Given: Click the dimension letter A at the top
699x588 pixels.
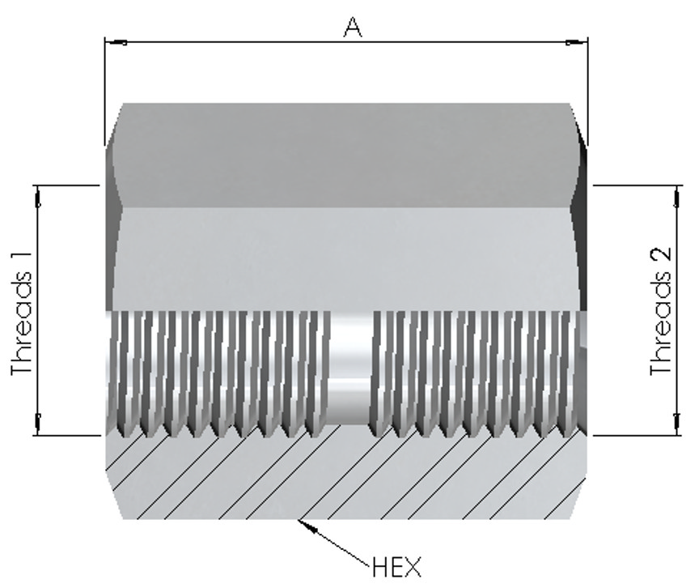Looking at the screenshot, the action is pyautogui.click(x=353, y=28).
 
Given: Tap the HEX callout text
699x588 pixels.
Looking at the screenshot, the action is pyautogui.click(x=396, y=567).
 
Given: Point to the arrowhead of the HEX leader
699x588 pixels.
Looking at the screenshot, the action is pyautogui.click(x=308, y=527).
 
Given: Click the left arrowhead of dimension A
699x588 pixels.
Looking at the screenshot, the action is pyautogui.click(x=116, y=42).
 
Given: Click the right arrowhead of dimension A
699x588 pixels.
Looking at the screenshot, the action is pyautogui.click(x=576, y=42).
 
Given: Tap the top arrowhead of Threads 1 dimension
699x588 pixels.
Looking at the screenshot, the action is pyautogui.click(x=38, y=197).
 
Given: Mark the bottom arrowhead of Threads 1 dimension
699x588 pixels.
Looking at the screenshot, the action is pyautogui.click(x=38, y=424).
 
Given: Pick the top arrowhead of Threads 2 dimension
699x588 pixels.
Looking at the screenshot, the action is pyautogui.click(x=678, y=197).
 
